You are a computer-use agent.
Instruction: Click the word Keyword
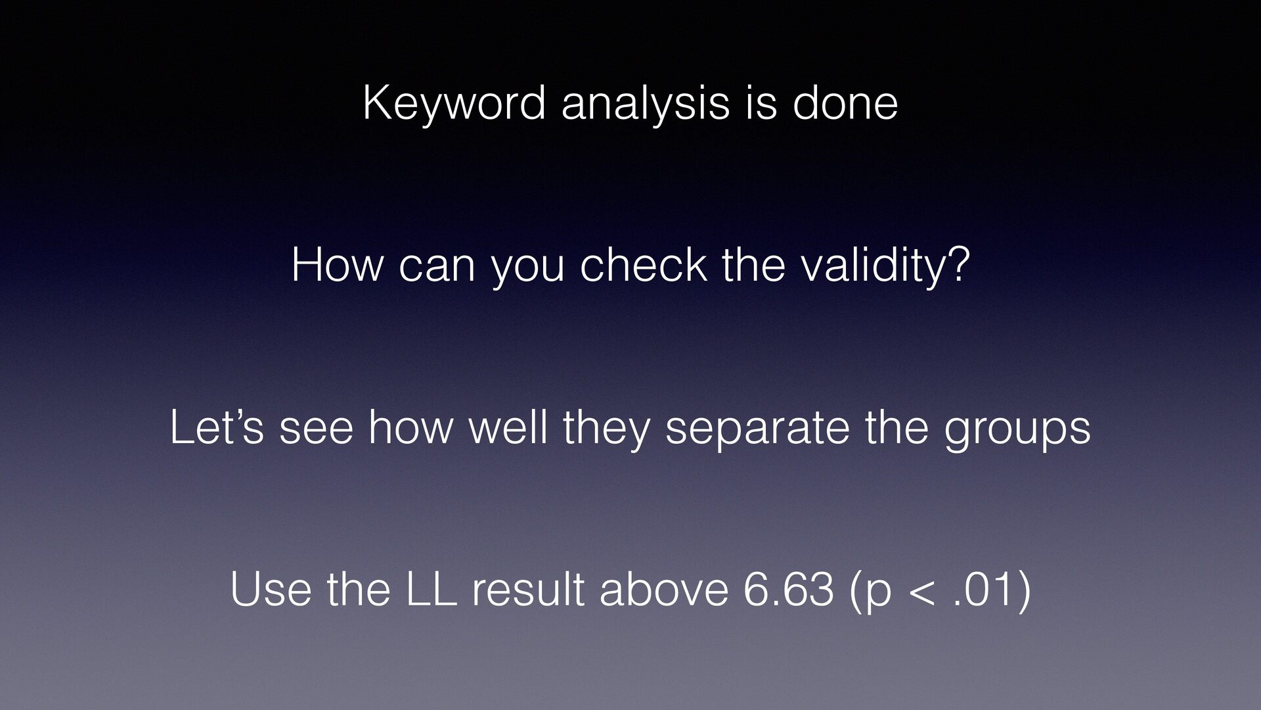pos(454,105)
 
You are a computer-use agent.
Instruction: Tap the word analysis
pos(645,105)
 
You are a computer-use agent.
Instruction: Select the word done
pos(845,103)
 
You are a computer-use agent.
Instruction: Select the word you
pos(527,270)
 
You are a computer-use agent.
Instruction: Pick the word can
pos(437,270)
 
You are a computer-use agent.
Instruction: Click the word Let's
pos(217,427)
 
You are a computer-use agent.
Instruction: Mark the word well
pos(508,427)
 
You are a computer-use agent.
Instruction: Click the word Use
pos(271,590)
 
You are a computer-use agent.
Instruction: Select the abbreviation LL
pos(431,590)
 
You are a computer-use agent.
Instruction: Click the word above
pos(664,590)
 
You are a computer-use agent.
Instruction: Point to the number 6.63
pos(789,590)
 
